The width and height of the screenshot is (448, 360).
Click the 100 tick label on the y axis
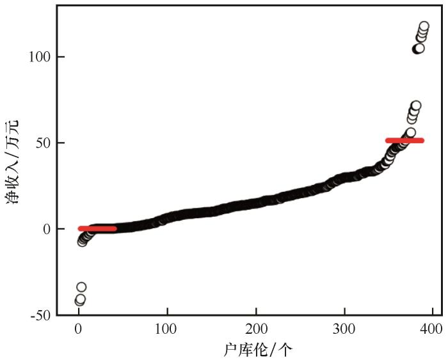pos(38,57)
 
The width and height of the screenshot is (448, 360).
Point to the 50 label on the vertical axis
pos(42,143)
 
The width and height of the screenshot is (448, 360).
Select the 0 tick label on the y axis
pos(46,229)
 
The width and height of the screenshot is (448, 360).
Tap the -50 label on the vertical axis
pos(40,315)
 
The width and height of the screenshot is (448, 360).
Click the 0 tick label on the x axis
pos(78,329)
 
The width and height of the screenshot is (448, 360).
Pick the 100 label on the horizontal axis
pos(167,329)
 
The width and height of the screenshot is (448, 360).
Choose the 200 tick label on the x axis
pos(256,329)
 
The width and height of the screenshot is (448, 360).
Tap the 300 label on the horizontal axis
pos(344,329)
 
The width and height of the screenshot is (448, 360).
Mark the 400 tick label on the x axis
pos(433,329)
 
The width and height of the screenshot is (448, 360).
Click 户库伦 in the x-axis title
pos(241,349)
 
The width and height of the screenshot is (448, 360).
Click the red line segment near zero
pos(97,228)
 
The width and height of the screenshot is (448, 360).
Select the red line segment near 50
pos(404,140)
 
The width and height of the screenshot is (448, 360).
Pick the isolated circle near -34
pos(81,287)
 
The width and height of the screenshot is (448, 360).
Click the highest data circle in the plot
pos(424,27)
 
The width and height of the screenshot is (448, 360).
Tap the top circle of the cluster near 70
pos(416,106)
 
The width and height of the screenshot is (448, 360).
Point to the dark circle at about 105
pos(418,49)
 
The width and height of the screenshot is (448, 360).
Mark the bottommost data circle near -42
pos(79,301)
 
